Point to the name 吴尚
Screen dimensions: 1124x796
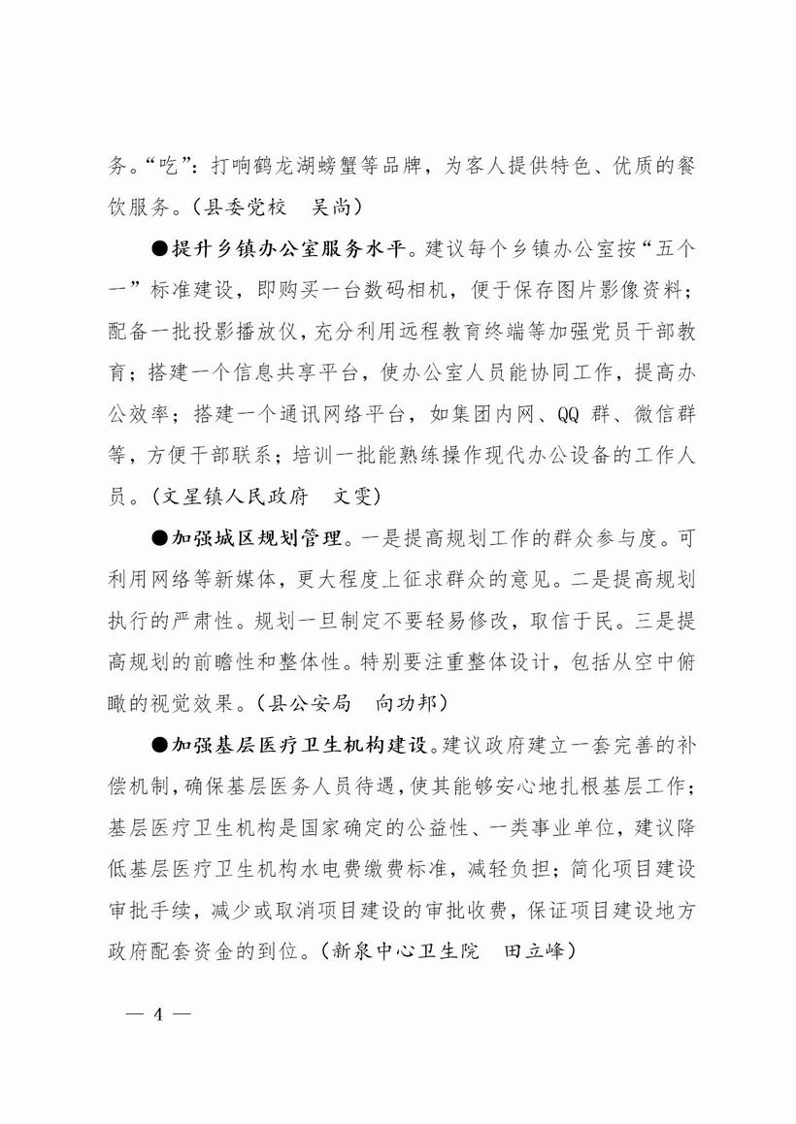pos(334,207)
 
